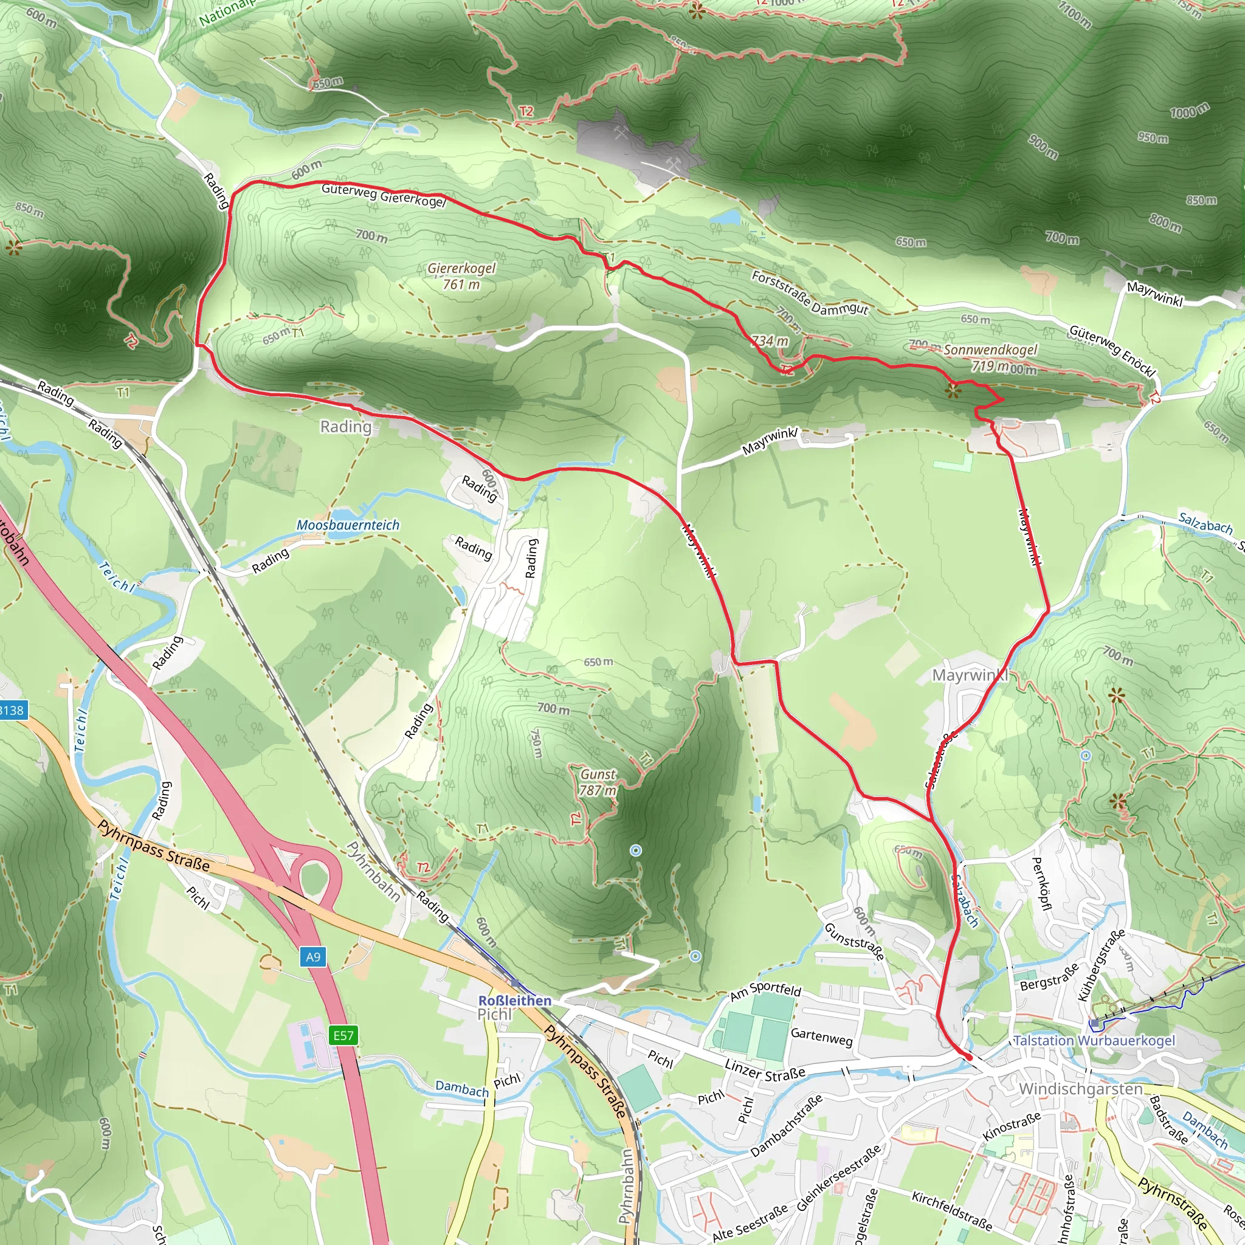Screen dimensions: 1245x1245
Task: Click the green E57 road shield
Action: (343, 1035)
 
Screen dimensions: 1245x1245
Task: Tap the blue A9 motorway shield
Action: (312, 957)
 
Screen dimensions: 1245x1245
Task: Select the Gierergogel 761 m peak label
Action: (461, 276)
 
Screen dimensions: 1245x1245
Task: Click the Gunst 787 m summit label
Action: (598, 782)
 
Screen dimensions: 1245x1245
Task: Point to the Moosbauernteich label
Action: (348, 525)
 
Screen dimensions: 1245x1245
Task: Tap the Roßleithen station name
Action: (514, 1001)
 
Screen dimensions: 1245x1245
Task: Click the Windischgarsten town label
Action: (1081, 1089)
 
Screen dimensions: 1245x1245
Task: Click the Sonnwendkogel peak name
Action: (990, 350)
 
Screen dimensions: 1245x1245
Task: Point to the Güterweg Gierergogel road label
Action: (384, 195)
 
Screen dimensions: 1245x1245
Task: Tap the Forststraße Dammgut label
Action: (810, 292)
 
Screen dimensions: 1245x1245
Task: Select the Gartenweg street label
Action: (822, 1037)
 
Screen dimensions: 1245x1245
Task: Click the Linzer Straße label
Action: (765, 1071)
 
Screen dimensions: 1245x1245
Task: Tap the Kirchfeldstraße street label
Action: (952, 1210)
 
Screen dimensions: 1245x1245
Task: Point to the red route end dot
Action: (968, 1057)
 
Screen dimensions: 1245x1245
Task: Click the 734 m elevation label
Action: (770, 341)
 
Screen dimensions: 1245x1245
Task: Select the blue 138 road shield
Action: (12, 711)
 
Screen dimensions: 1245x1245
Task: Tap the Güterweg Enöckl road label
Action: (1112, 351)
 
